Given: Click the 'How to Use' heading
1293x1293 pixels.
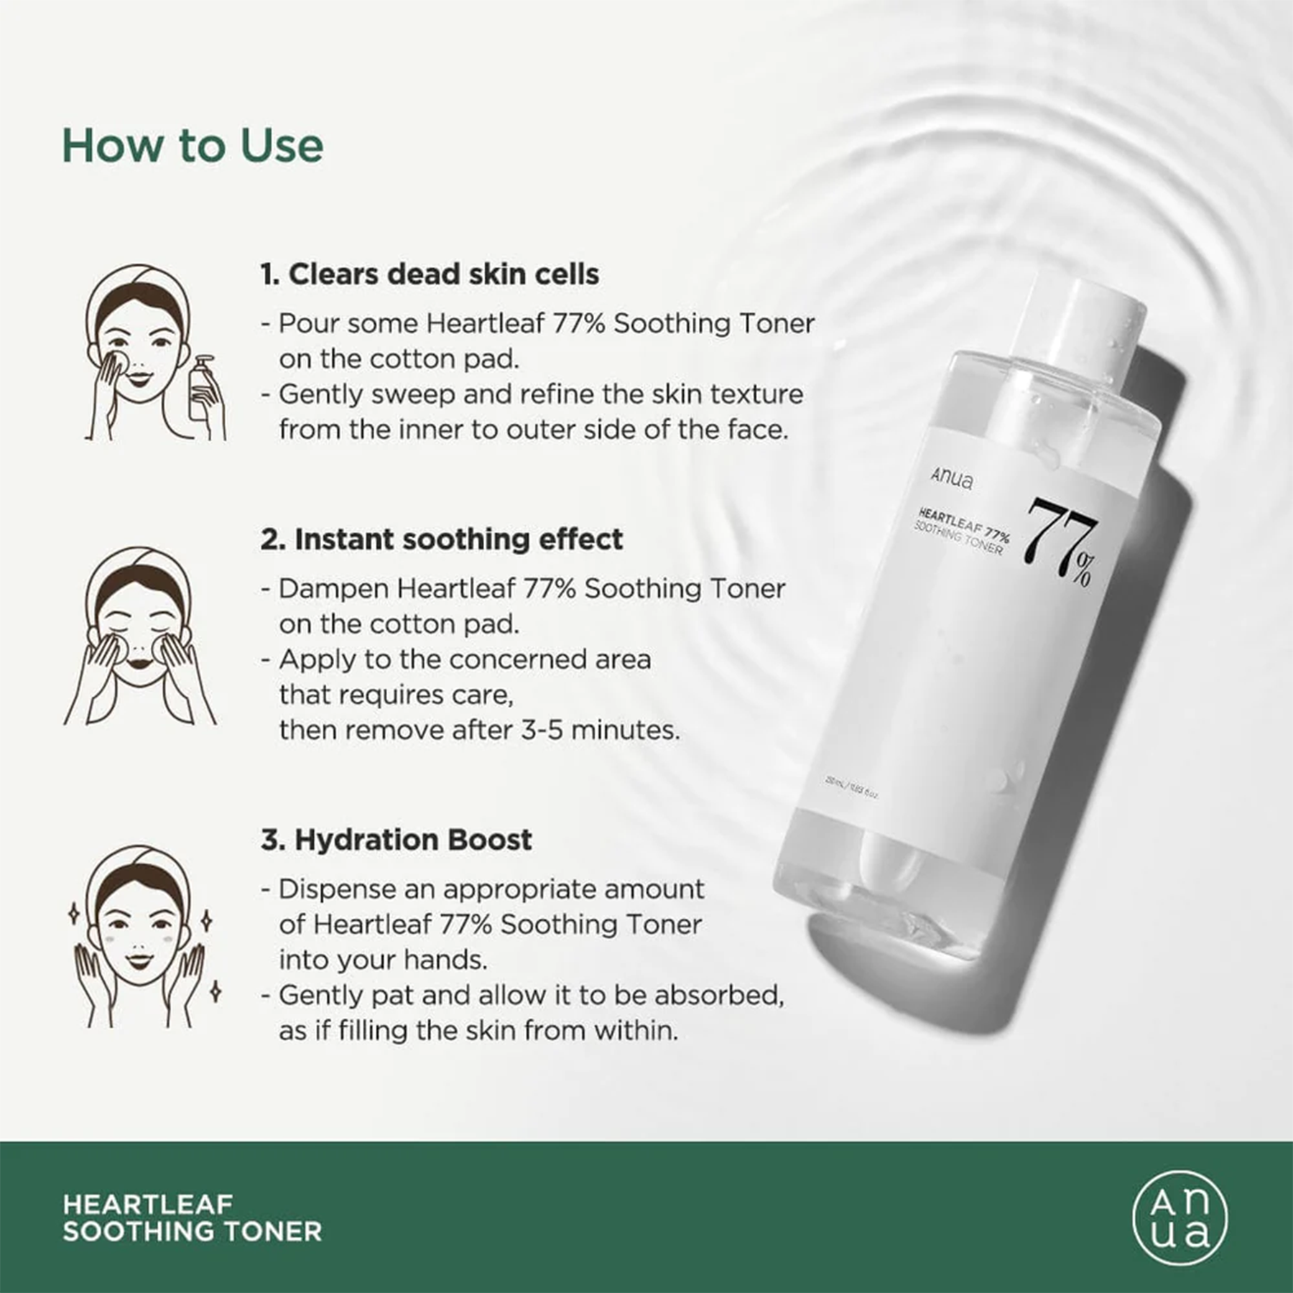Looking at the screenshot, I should (x=193, y=146).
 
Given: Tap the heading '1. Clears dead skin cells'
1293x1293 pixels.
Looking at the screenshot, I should (x=430, y=274).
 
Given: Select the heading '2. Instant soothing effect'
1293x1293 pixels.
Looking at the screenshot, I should (x=441, y=539).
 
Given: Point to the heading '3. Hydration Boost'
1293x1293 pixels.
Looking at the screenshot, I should (x=396, y=840).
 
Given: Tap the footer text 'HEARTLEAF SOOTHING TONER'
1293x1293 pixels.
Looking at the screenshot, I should (x=192, y=1218).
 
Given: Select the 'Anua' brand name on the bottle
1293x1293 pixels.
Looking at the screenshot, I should (x=952, y=478).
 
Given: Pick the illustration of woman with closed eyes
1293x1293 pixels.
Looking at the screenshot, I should (x=139, y=636).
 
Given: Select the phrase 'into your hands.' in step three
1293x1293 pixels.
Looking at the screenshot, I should (x=383, y=960).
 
